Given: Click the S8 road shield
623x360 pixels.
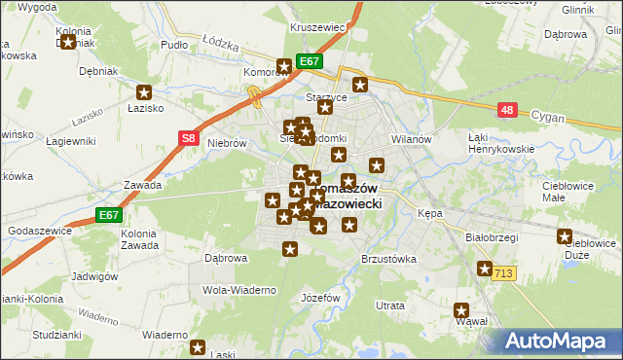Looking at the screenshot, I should click(189, 139).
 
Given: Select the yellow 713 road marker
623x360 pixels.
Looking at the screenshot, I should click(502, 273).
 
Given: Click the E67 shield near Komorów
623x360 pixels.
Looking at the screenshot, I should click(309, 61).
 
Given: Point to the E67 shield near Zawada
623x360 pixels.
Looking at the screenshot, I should click(109, 215).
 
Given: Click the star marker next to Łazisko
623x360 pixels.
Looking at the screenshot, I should click(145, 93).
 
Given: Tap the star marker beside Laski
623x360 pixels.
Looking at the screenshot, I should click(198, 346).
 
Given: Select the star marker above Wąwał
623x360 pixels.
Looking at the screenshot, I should click(462, 311).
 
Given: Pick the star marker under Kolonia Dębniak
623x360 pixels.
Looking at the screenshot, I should click(67, 42).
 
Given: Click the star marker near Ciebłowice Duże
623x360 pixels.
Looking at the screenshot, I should click(565, 236).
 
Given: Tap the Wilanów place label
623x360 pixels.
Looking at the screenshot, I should click(411, 139).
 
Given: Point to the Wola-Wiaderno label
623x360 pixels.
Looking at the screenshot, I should click(239, 290).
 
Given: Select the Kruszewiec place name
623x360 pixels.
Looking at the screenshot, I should click(318, 28).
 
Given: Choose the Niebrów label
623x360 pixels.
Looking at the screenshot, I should click(225, 142).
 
